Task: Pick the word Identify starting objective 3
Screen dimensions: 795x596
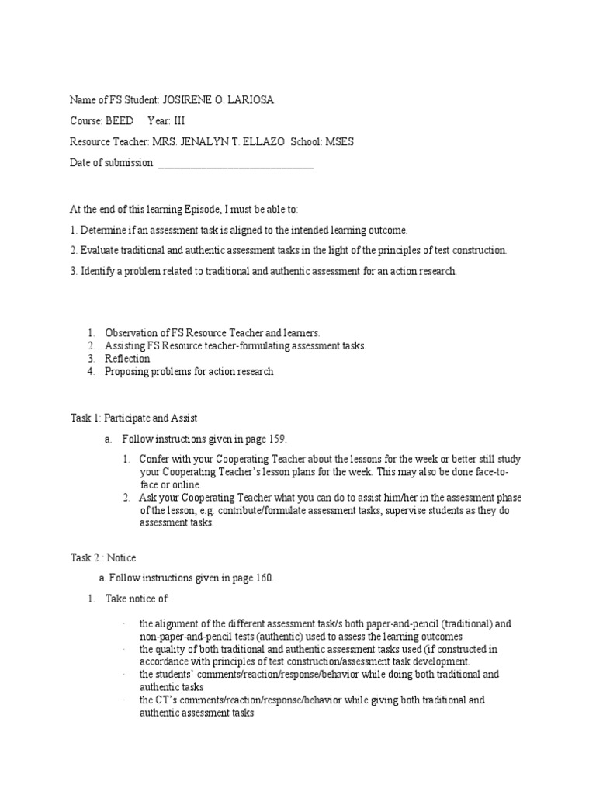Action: click(99, 271)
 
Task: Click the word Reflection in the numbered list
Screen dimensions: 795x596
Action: click(127, 359)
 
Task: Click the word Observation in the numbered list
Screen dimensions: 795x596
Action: click(132, 332)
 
